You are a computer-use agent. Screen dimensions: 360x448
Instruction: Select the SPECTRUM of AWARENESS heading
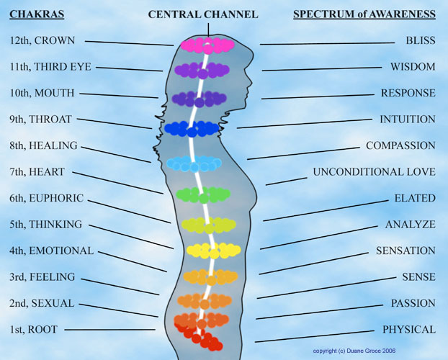(x=364, y=14)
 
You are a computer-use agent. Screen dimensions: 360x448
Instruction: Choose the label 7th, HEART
(x=38, y=172)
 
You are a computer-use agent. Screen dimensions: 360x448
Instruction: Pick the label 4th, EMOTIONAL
(x=52, y=251)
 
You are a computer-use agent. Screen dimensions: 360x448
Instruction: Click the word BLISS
(x=420, y=41)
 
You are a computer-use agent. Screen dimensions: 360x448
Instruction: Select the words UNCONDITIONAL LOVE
(x=374, y=172)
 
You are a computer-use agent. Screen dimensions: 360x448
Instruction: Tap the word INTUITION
(x=408, y=120)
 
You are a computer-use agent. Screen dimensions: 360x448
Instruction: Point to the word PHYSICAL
(x=409, y=330)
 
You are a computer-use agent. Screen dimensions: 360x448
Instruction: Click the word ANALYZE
(x=410, y=225)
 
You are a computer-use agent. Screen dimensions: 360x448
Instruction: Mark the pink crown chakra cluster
(x=207, y=45)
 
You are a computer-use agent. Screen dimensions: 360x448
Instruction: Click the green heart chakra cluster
(x=203, y=194)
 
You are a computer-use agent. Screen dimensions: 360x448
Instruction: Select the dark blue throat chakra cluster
(x=191, y=129)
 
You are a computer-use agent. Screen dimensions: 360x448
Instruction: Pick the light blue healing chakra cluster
(x=194, y=163)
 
